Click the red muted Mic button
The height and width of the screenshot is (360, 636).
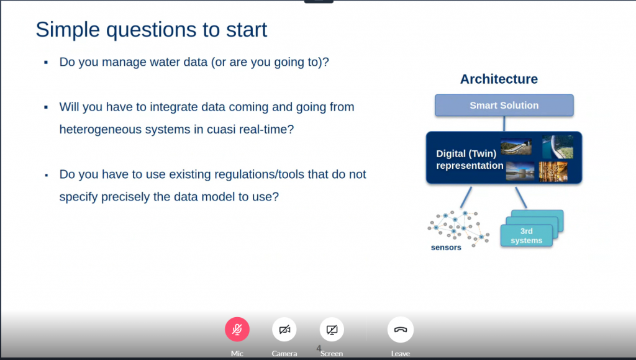tap(237, 329)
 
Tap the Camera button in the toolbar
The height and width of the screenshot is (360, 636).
tap(284, 329)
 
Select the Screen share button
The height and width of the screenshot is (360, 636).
tap(332, 329)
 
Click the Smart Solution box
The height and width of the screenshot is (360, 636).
tap(504, 106)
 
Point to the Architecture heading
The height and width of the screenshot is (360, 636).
tap(499, 79)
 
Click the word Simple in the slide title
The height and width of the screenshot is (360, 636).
tap(68, 30)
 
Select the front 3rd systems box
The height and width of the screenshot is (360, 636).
tap(527, 235)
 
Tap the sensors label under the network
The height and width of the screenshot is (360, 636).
tap(446, 247)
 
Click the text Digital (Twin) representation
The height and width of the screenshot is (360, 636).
tap(470, 160)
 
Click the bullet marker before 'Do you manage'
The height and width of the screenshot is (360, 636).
tap(46, 63)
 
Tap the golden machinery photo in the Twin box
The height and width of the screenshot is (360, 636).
tap(553, 171)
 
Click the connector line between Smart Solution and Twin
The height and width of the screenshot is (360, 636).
tap(504, 124)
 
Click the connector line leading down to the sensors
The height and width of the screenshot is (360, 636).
tap(466, 197)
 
